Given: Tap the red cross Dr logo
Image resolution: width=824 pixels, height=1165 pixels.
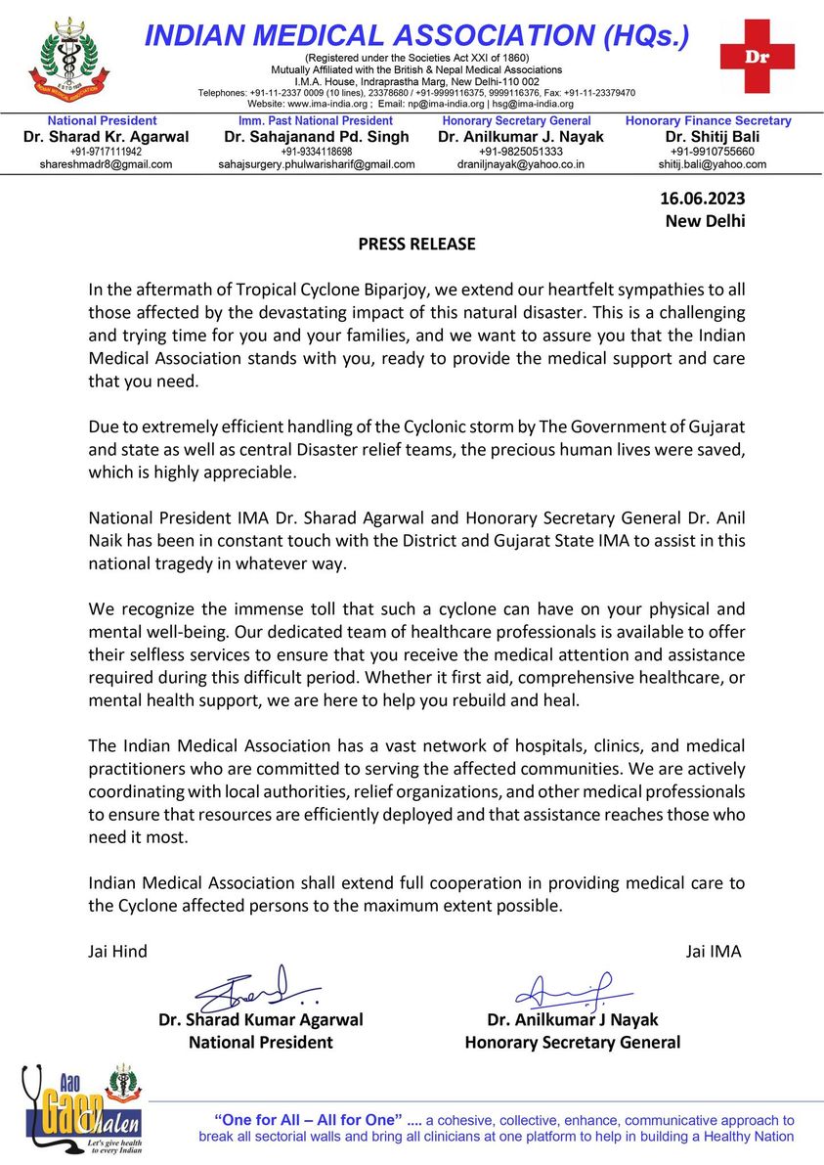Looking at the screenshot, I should (x=757, y=56).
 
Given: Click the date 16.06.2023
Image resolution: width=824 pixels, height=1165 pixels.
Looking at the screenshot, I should (x=703, y=200).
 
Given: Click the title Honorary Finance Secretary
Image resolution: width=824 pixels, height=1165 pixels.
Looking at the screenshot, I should (x=709, y=120).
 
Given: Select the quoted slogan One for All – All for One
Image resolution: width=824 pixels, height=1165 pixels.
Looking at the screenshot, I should (x=308, y=1119).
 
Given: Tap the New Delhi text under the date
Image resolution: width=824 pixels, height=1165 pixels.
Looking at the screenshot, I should (x=704, y=221).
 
